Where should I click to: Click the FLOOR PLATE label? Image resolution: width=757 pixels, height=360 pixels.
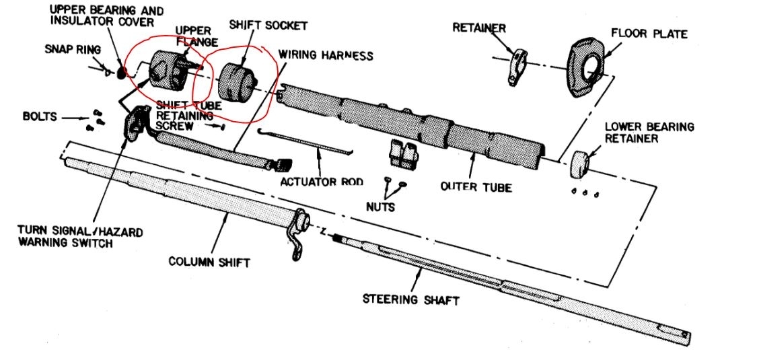pyautogui.click(x=649, y=33)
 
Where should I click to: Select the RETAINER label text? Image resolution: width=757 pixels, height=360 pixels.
pyautogui.click(x=479, y=28)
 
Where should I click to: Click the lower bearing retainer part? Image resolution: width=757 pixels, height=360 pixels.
pyautogui.click(x=579, y=164)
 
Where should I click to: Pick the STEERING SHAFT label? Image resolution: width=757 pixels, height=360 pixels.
pyautogui.click(x=410, y=298)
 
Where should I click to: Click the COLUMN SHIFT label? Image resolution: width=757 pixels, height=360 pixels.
pyautogui.click(x=209, y=261)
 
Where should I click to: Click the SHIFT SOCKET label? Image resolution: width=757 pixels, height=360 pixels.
pyautogui.click(x=268, y=26)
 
